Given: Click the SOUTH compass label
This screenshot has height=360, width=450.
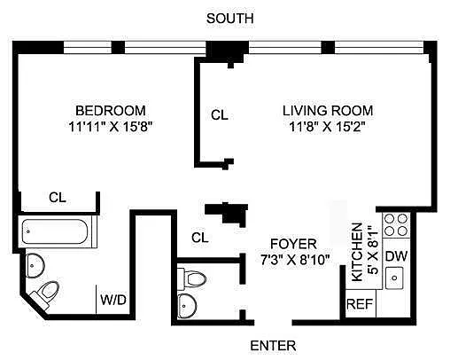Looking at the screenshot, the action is pos(229,19).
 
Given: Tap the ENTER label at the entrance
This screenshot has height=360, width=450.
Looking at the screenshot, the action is pos(273,346).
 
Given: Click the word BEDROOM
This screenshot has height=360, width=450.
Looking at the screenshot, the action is pos(111,111).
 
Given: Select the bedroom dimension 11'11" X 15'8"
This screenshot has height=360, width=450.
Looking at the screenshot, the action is pos(111,127).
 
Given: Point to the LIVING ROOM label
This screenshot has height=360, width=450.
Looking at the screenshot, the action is pos(328,111).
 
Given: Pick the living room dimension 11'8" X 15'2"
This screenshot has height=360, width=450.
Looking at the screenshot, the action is pos(328,127).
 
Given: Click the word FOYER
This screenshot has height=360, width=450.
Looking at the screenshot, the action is pos(293,244).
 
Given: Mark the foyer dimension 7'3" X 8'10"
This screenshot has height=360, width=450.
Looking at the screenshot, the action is pos(295,261).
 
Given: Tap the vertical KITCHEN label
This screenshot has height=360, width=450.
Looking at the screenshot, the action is pos(357,252).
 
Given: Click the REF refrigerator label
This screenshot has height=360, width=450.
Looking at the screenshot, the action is pos(360,304).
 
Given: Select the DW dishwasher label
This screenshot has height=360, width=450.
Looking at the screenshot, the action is pos(396,256).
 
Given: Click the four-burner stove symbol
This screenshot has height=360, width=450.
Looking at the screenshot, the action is pos(396,225).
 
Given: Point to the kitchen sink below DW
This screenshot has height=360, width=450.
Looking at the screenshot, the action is pos(394,278).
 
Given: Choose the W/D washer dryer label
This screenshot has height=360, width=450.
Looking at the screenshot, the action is pos(113,300).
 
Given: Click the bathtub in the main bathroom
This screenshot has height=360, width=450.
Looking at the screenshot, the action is pos(55,231).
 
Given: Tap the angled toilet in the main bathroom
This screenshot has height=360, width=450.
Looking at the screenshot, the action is pos(46,294).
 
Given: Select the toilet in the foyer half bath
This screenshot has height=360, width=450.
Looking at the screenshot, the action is pos(192,278).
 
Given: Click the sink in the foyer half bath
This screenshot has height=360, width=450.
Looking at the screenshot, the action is pos(187,306).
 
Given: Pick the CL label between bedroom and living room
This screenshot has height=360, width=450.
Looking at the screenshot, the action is pos(220,115).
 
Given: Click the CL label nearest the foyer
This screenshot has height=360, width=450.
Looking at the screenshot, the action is pos(200,238).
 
